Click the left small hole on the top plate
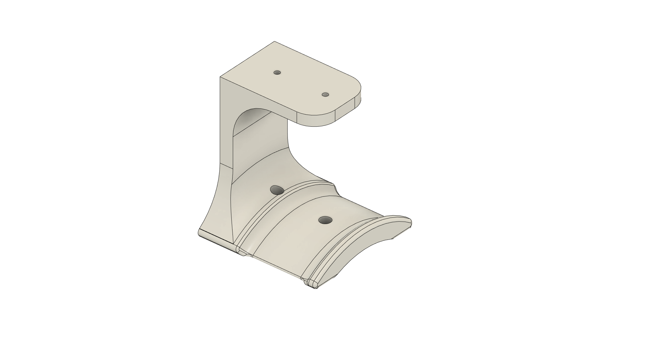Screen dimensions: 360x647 click(x=277, y=73)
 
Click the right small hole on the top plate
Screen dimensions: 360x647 click(x=325, y=95)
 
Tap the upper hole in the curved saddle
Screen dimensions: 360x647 click(x=277, y=190)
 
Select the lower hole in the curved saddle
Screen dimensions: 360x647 click(x=325, y=220)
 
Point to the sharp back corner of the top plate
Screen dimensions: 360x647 click(x=274, y=42)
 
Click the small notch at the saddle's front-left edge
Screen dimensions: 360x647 click(x=245, y=254)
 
